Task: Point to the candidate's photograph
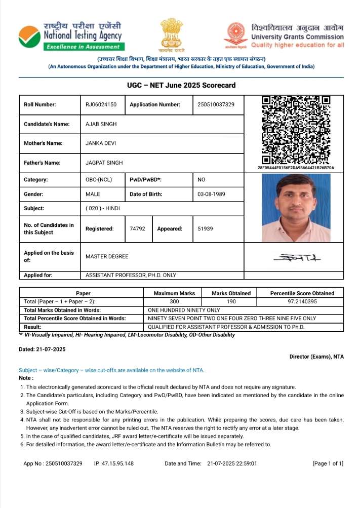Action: click(x=296, y=208)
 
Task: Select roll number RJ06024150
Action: click(x=101, y=105)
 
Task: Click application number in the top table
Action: click(x=213, y=105)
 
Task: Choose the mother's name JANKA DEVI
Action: click(x=101, y=143)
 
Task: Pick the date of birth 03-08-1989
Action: click(x=211, y=194)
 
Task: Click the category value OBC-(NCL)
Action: click(x=99, y=180)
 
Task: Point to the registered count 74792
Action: click(x=137, y=229)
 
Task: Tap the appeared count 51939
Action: click(x=205, y=229)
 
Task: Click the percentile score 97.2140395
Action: click(x=302, y=301)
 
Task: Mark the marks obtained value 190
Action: click(x=231, y=301)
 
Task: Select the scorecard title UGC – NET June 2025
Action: click(x=181, y=85)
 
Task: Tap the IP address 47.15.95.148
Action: click(x=117, y=463)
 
